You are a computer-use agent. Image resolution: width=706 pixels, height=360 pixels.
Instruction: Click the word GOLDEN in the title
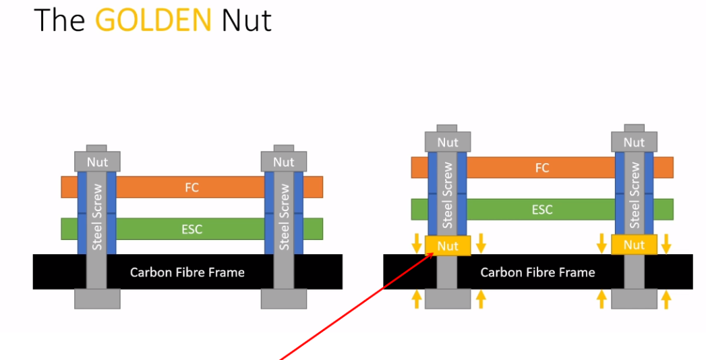[x=153, y=20]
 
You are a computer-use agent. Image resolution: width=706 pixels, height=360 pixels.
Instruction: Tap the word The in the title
[x=59, y=20]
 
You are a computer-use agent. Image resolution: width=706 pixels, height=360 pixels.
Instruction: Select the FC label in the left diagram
[x=192, y=187]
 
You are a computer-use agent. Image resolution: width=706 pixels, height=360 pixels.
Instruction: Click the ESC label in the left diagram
[x=192, y=229]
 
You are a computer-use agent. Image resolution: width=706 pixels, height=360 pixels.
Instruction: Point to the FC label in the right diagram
[x=542, y=168]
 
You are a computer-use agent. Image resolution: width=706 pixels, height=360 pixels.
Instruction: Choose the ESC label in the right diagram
[x=542, y=209]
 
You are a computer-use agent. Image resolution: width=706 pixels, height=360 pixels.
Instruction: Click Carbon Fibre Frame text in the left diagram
[x=187, y=272]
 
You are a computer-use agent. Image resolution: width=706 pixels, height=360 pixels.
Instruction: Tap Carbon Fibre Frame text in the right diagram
[x=537, y=272]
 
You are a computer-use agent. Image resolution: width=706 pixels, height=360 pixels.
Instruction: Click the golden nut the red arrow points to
[x=448, y=245]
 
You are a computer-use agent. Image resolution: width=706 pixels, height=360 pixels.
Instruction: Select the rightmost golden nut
[x=634, y=245]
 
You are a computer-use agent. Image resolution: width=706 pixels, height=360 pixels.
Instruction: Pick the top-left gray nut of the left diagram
[x=97, y=162]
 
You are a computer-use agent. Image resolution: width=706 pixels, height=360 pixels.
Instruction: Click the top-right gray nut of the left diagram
[x=284, y=162]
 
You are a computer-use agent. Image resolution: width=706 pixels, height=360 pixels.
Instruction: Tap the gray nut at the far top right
[x=634, y=142]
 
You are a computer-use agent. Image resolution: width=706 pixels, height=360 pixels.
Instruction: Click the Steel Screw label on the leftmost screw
[x=97, y=217]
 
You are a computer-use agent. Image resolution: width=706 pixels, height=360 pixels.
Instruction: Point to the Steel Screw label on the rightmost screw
[x=635, y=196]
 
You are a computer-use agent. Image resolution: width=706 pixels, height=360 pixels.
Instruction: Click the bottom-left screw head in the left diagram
[x=97, y=299]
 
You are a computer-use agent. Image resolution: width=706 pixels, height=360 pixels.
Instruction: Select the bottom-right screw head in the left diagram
[x=284, y=299]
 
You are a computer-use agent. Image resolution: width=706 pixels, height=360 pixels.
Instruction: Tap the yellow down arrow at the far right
[x=666, y=243]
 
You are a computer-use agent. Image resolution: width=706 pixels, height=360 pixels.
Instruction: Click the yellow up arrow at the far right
[x=666, y=299]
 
